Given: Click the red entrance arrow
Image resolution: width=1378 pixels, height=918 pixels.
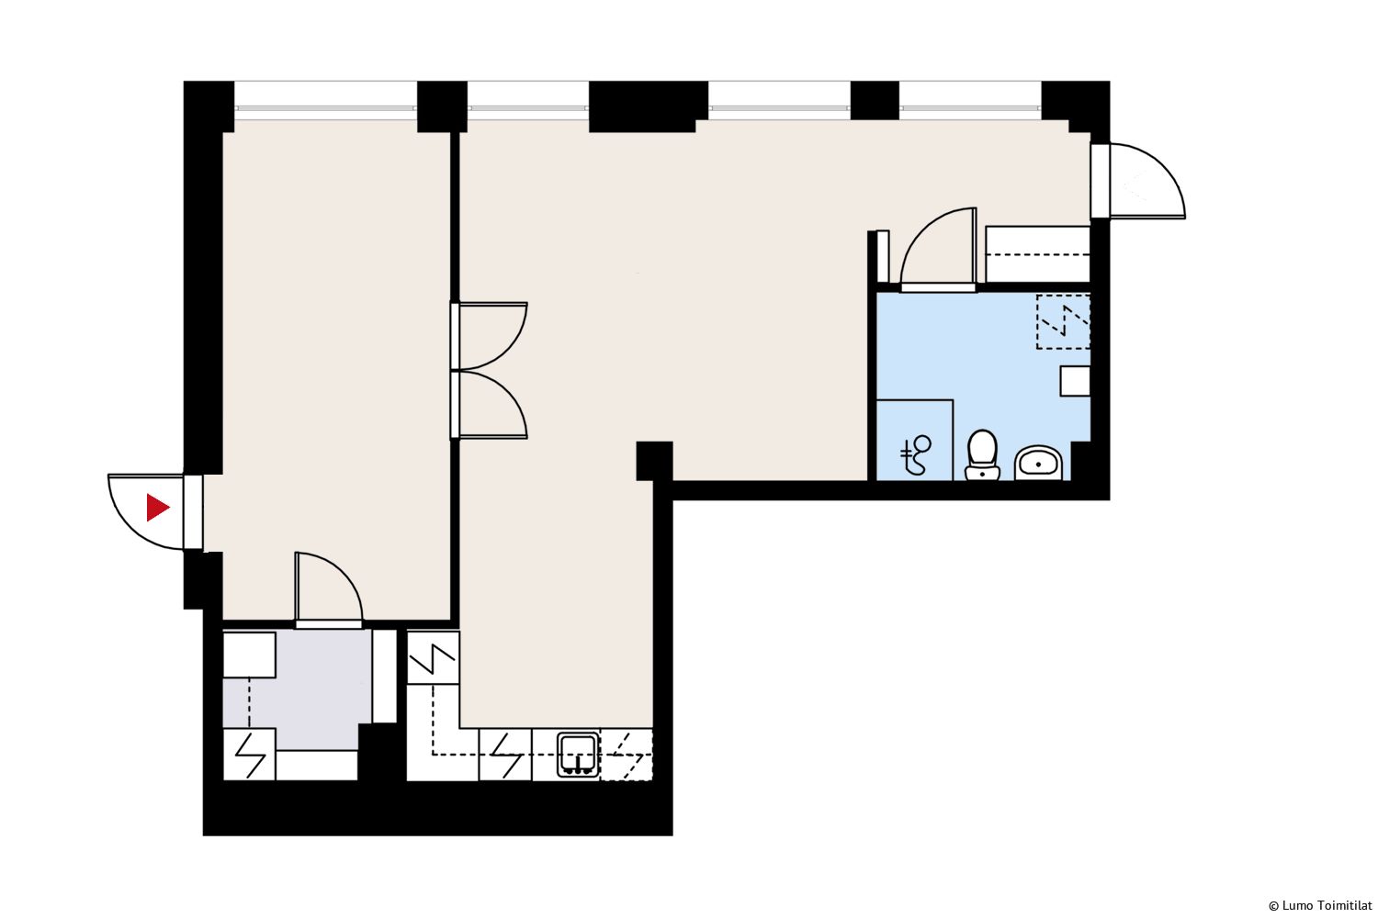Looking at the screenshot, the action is tap(157, 508).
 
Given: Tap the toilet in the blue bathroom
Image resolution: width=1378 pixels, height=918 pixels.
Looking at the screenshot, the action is tap(982, 455).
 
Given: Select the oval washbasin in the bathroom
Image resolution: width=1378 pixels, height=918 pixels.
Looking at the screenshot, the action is tap(1038, 463).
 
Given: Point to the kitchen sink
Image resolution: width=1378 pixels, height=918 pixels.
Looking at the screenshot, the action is tap(578, 755).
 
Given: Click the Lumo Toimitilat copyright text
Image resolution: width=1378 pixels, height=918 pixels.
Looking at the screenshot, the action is tap(1320, 906).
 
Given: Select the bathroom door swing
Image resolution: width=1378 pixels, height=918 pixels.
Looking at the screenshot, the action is tap(939, 249).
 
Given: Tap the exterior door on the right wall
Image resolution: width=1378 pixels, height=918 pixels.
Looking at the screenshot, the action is tap(1138, 181).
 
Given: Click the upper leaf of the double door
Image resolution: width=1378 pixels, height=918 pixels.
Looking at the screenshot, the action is tap(490, 336).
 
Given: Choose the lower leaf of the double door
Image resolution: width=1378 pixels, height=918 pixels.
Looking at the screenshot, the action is tap(490, 405).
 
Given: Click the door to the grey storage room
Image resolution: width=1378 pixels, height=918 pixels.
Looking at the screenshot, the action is tap(329, 590).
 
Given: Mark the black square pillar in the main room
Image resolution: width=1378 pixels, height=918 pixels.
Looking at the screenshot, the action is tap(654, 461).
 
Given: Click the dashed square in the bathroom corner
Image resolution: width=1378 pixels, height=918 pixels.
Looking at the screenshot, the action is tap(1063, 321).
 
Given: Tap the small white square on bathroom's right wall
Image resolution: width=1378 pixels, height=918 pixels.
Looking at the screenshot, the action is tap(1075, 381).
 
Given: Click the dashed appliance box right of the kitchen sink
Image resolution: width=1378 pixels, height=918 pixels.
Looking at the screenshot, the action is tap(627, 755).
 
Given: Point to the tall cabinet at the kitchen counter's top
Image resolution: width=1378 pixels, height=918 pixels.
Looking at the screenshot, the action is tap(433, 657).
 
